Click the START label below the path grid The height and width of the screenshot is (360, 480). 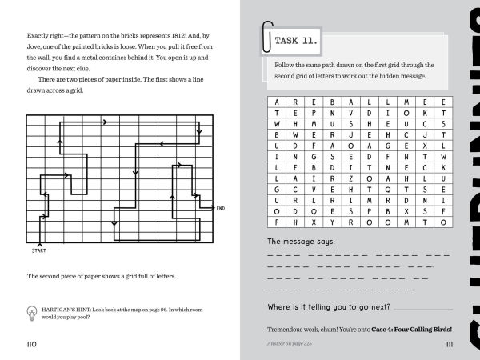[39, 250]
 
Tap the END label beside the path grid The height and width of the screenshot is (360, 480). [221, 209]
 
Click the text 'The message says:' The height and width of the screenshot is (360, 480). [302, 242]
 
